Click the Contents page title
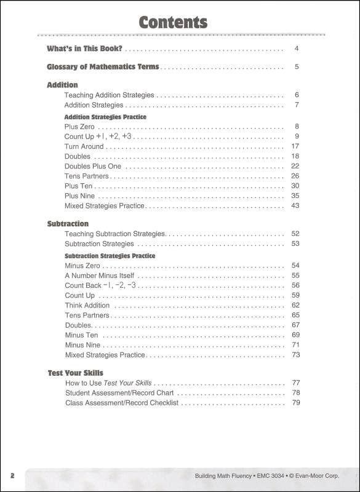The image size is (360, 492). click(173, 23)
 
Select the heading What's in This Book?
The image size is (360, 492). click(84, 49)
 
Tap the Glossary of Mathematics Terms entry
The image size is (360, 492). click(103, 67)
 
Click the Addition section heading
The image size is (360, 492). click(62, 85)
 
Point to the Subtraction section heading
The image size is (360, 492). click(68, 224)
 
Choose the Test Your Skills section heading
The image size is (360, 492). click(75, 373)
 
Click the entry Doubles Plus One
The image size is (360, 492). click(93, 166)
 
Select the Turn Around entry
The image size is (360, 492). click(84, 146)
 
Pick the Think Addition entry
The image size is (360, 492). click(87, 306)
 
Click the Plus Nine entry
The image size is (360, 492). click(80, 196)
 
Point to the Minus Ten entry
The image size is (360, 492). click(81, 335)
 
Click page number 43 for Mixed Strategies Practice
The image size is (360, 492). click(295, 205)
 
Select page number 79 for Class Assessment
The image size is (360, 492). click(295, 403)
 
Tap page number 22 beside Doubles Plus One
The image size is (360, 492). click(295, 166)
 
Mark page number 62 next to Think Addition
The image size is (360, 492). click(295, 306)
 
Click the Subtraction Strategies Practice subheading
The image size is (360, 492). click(110, 256)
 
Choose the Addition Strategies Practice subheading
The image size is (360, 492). click(105, 116)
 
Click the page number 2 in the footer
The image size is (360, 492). click(12, 476)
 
